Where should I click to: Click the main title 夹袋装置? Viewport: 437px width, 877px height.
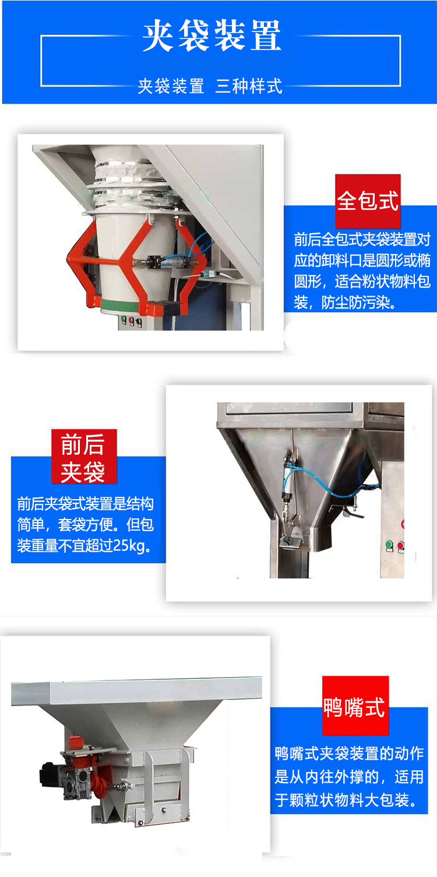click(x=212, y=36)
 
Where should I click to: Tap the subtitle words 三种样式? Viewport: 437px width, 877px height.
click(x=249, y=86)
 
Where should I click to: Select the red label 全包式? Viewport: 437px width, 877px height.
click(x=368, y=201)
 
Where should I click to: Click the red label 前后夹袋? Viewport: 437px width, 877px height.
click(x=84, y=457)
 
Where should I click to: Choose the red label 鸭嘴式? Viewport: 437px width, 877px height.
click(x=355, y=705)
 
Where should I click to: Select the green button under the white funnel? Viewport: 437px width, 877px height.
click(x=124, y=320)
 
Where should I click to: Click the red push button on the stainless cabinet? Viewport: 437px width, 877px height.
click(x=401, y=546)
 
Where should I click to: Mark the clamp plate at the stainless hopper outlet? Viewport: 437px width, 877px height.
click(x=290, y=542)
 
